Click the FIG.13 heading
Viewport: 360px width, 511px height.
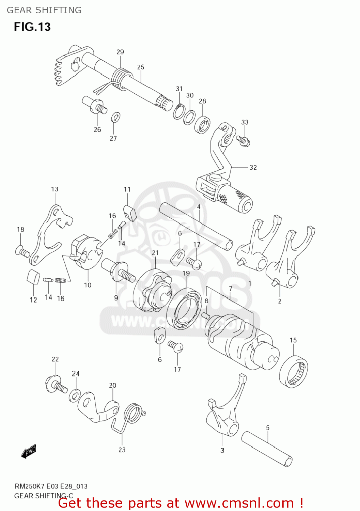coord(32,27)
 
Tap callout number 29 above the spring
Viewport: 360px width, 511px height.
coord(120,52)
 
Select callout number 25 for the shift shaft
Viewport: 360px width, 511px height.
coord(141,67)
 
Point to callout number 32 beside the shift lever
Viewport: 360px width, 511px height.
coord(253,167)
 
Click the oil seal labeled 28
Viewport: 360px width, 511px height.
coord(202,125)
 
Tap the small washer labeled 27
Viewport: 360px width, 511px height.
coord(115,117)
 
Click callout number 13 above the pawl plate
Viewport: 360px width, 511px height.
coord(55,189)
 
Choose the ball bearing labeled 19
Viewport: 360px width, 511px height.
coord(184,308)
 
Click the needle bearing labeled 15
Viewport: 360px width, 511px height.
coord(293,371)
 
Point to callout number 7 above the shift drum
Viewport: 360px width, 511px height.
coord(231,289)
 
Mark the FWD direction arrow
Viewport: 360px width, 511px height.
coord(29,452)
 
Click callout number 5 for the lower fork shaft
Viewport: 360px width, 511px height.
coord(268,428)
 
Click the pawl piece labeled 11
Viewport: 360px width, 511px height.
coord(129,212)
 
